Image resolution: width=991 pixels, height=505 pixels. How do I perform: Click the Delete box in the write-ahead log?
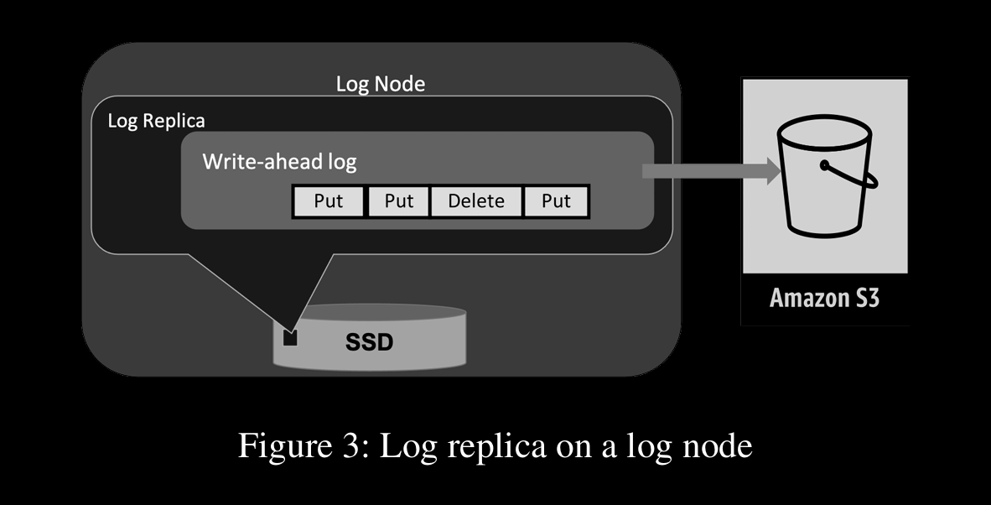coord(476,201)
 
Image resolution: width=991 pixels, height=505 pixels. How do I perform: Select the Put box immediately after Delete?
coord(556,201)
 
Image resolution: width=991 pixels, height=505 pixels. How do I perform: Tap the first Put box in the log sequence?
coord(329,201)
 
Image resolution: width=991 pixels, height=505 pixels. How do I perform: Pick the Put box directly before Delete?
coord(399,201)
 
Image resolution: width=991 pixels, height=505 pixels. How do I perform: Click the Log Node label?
coord(381,84)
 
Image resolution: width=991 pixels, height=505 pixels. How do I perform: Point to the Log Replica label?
coord(156,121)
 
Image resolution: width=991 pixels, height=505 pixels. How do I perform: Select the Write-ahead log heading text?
coord(279,161)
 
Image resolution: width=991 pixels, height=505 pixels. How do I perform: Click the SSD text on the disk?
coord(369,342)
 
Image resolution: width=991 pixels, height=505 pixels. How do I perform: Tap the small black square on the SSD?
coord(291,338)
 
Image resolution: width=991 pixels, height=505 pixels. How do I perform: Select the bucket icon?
coord(822,180)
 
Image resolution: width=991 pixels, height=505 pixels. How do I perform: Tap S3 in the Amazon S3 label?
coord(865,298)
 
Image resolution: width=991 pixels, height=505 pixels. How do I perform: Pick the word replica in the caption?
coord(499,445)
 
